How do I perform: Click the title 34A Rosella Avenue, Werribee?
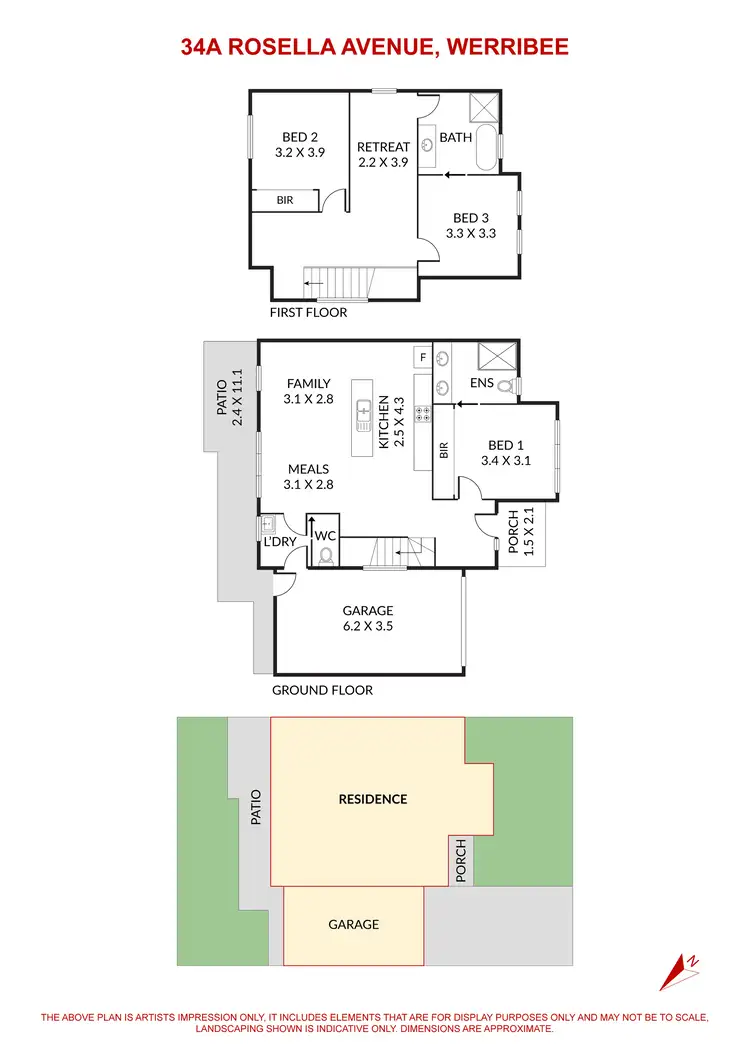pos(374,46)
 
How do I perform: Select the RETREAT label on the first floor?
pos(383,147)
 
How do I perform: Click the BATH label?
pos(456,137)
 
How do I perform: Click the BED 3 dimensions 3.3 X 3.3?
pos(471,234)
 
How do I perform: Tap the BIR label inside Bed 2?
pos(285,201)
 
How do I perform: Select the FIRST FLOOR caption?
pos(308,312)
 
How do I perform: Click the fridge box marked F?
pos(423,357)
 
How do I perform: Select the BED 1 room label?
pos(505,445)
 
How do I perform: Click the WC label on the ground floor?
pos(326,536)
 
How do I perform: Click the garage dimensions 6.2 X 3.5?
pos(368,627)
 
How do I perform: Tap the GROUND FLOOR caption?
pos(322,690)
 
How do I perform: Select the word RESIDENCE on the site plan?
pos(373,799)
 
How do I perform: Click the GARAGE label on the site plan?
pos(354,925)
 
